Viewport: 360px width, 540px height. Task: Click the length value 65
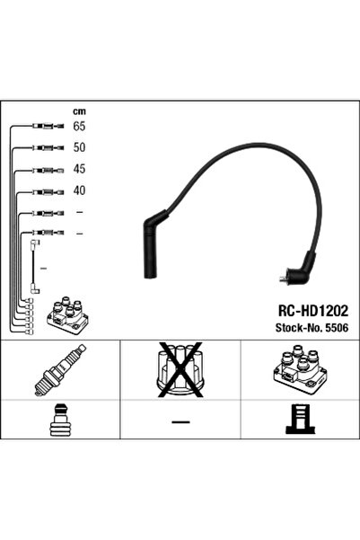(79, 127)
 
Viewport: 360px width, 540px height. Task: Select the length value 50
(79, 147)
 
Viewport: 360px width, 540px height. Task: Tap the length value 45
(79, 169)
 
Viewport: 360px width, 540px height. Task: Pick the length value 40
(79, 190)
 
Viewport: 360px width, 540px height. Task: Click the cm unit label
(79, 111)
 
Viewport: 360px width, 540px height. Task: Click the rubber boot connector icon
(60, 421)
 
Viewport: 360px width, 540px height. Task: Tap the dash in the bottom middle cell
(180, 420)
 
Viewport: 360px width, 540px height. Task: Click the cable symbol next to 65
(45, 127)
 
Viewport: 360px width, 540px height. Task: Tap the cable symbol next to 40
(45, 190)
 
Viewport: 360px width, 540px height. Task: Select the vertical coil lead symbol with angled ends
(35, 266)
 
